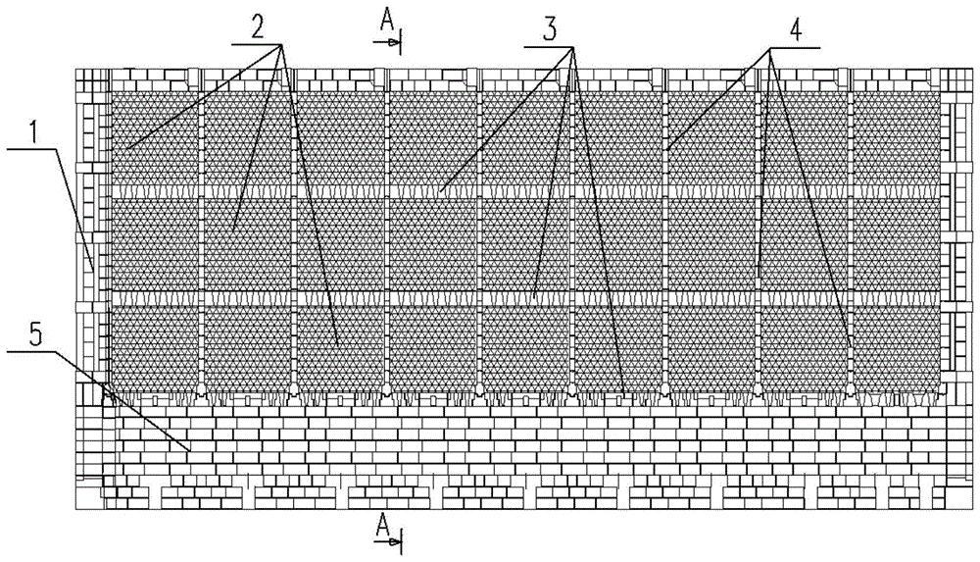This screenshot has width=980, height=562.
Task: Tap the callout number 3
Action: (x=550, y=29)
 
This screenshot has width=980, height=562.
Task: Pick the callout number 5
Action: (x=35, y=335)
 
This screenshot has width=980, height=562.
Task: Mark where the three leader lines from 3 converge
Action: (x=573, y=46)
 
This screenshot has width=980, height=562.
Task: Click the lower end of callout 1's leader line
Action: (x=94, y=271)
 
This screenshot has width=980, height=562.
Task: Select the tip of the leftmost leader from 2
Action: (x=125, y=148)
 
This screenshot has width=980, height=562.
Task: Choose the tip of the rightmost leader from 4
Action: (x=852, y=348)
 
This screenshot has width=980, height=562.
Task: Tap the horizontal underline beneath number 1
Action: (x=33, y=148)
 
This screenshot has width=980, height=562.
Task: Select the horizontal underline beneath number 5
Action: (x=30, y=352)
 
